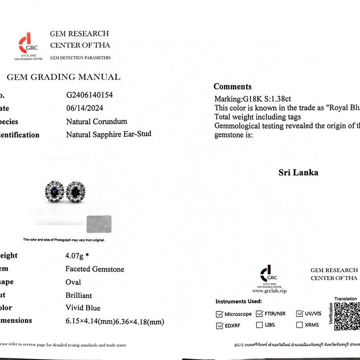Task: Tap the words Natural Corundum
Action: coord(96,121)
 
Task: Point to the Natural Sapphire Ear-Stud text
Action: coord(109,134)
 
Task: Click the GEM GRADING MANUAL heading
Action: coord(63,77)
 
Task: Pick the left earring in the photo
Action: coord(54,192)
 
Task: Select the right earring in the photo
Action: coord(75,192)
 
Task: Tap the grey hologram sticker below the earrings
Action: coord(98,223)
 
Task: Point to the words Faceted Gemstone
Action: coord(95,269)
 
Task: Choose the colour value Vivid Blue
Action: coord(83,308)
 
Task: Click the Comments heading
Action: coord(232,87)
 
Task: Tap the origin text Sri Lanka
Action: coord(298,172)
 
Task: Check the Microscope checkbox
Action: coord(219,314)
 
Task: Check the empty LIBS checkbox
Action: coord(260,325)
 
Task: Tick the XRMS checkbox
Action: coord(300,325)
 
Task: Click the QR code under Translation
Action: coord(347,315)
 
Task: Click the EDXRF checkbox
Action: coord(219,326)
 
